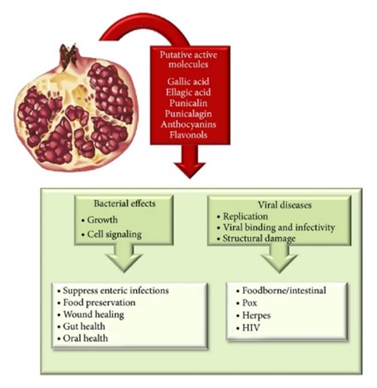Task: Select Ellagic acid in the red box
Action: click(187, 93)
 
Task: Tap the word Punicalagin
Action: click(187, 114)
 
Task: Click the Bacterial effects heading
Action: click(124, 204)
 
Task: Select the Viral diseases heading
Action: click(276, 206)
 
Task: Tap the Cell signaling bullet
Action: click(113, 234)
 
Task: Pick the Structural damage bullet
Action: click(259, 237)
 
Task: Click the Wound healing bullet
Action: click(94, 314)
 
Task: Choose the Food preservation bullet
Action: click(99, 303)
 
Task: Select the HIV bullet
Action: click(248, 327)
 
